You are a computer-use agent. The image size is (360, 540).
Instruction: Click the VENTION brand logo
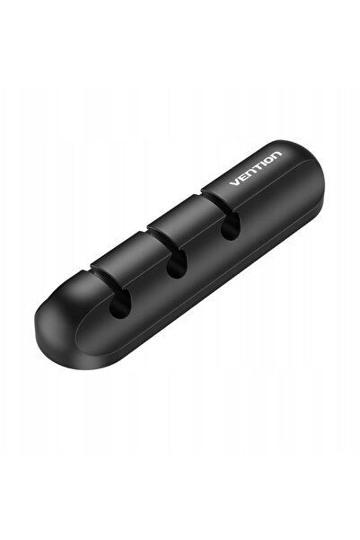[256, 168]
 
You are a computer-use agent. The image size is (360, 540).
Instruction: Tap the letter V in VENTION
[234, 181]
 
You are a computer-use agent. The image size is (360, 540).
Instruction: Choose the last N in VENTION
[277, 155]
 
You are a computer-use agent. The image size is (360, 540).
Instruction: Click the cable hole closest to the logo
[230, 226]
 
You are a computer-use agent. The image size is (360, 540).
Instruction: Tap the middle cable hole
[176, 264]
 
